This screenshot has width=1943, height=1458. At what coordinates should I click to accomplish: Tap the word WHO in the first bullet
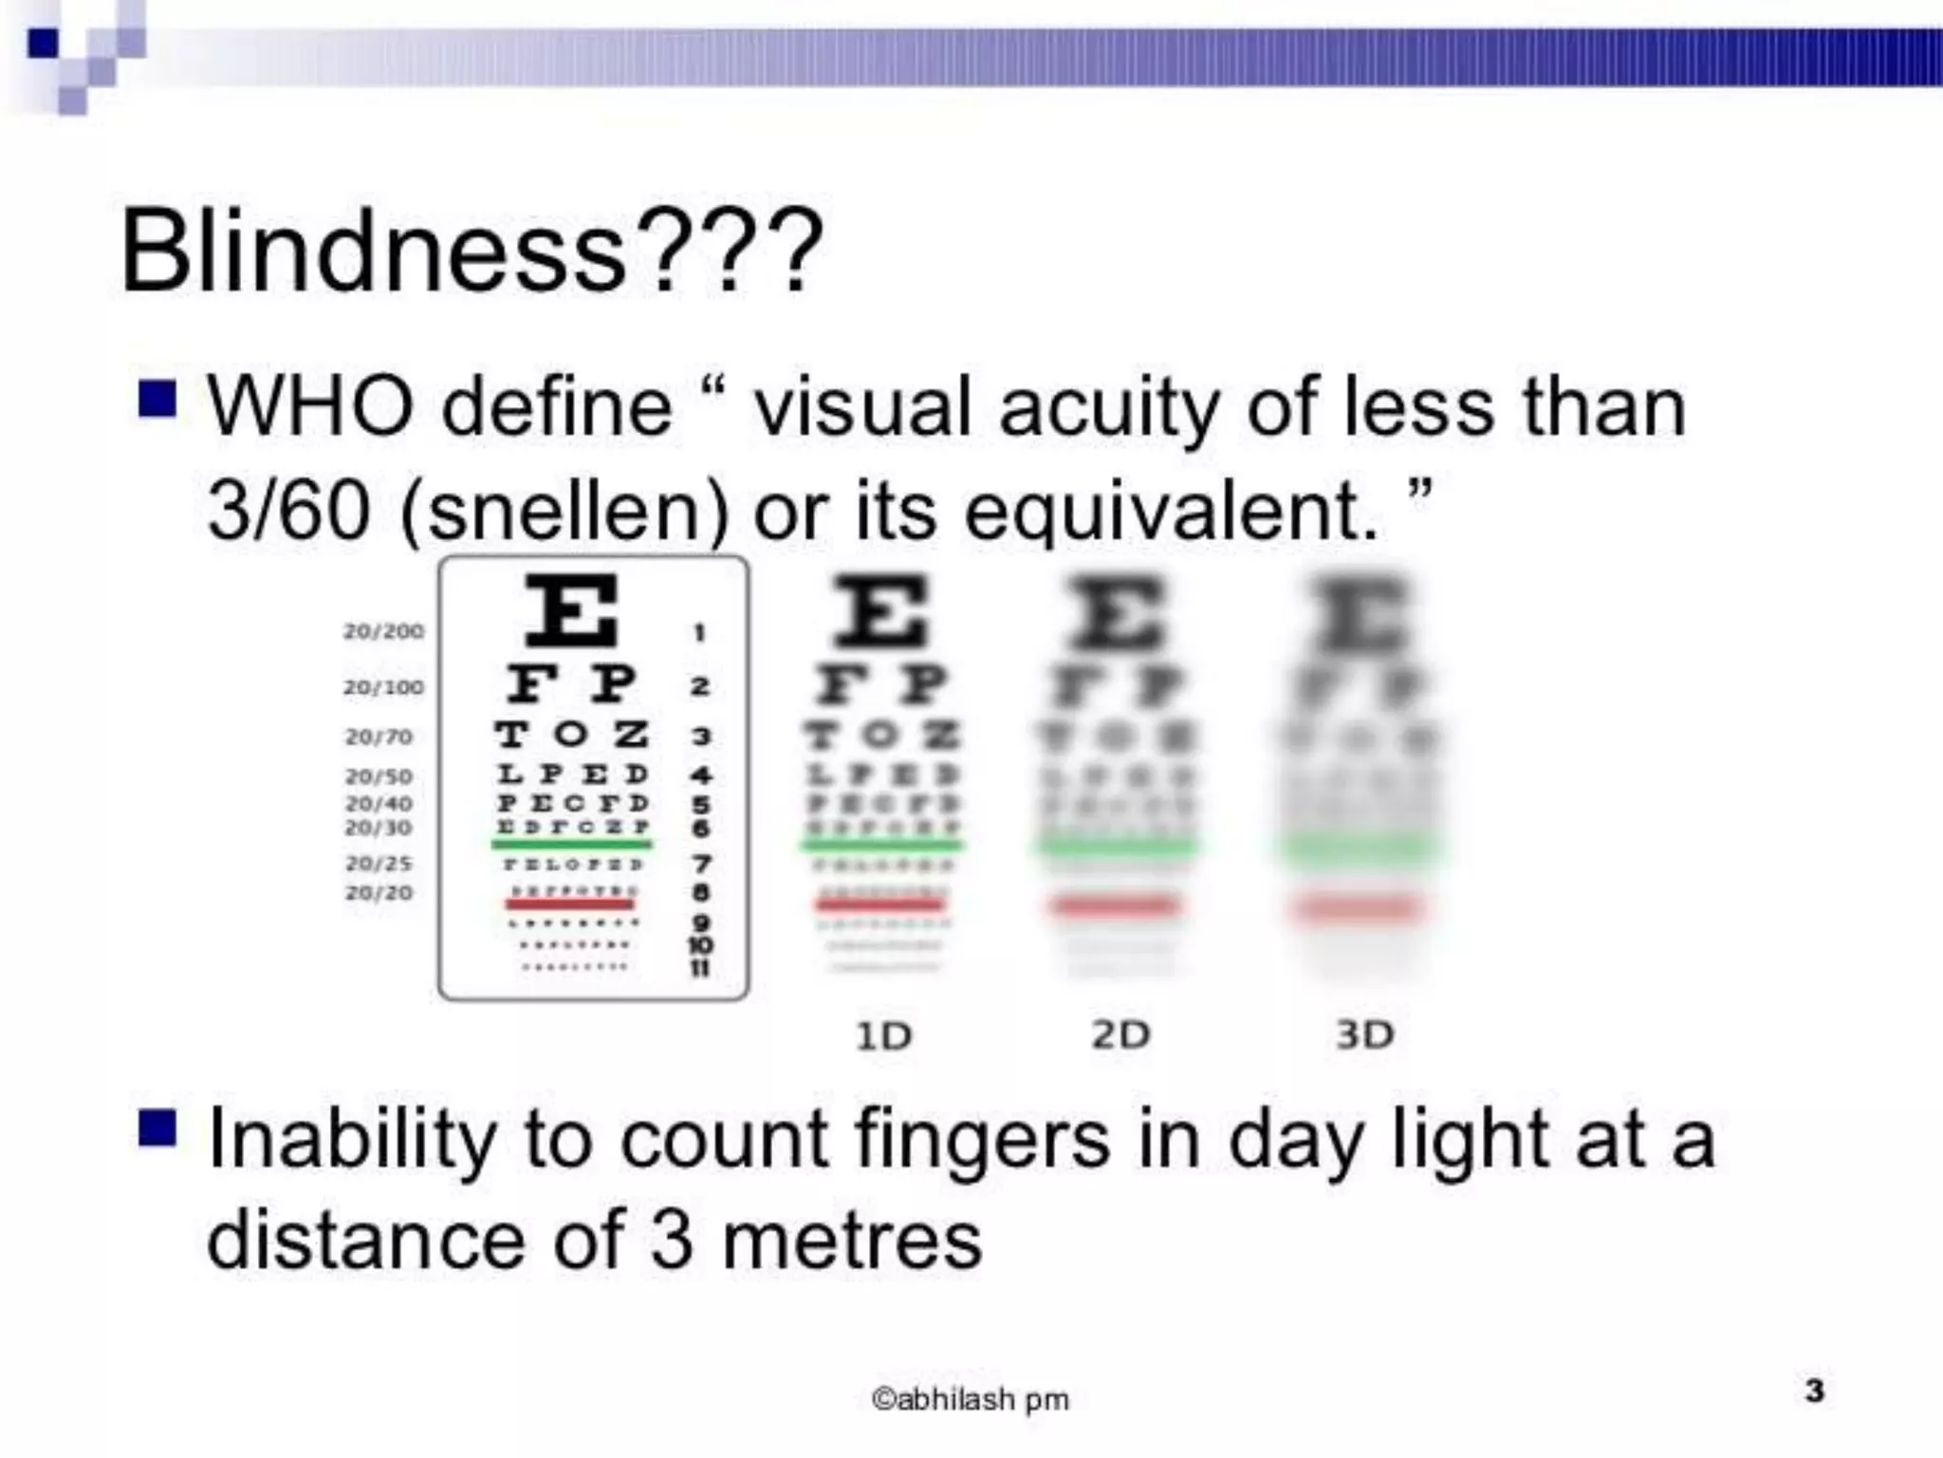pyautogui.click(x=310, y=407)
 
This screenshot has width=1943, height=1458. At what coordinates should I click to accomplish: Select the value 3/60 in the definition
pyautogui.click(x=287, y=511)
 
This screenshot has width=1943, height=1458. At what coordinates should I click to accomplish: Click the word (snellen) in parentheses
pyautogui.click(x=564, y=511)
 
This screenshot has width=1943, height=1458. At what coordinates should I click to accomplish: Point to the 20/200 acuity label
pyautogui.click(x=383, y=631)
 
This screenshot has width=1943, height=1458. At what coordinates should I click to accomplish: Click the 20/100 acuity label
pyautogui.click(x=383, y=686)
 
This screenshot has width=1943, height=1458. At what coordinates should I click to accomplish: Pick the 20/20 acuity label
pyautogui.click(x=379, y=892)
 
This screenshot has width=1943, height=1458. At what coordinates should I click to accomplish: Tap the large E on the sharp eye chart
pyautogui.click(x=572, y=610)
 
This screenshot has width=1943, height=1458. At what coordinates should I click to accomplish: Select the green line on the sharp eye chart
pyautogui.click(x=571, y=844)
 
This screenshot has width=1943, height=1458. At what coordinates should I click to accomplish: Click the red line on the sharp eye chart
pyautogui.click(x=570, y=904)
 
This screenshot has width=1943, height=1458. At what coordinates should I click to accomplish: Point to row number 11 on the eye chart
pyautogui.click(x=700, y=968)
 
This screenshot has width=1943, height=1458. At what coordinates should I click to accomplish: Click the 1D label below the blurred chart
pyautogui.click(x=883, y=1036)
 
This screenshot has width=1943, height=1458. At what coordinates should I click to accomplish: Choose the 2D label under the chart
pyautogui.click(x=1120, y=1035)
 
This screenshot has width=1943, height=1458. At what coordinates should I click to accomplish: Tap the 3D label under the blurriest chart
pyautogui.click(x=1364, y=1035)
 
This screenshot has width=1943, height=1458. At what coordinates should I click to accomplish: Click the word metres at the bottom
pyautogui.click(x=851, y=1241)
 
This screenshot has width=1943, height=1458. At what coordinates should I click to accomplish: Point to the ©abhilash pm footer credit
pyautogui.click(x=970, y=1399)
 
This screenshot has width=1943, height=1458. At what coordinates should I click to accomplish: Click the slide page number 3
pyautogui.click(x=1814, y=1391)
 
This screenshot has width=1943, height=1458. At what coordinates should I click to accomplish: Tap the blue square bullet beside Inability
pyautogui.click(x=157, y=1129)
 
